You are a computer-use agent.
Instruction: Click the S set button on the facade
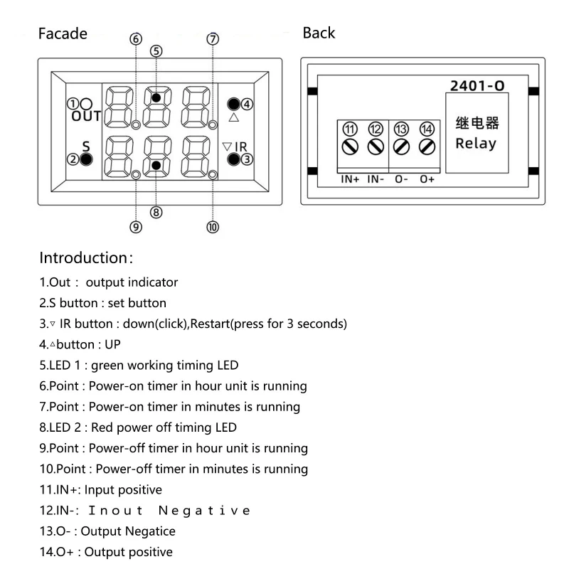tap(86, 159)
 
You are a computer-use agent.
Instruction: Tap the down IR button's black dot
tap(233, 159)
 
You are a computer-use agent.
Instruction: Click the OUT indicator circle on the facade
tap(86, 103)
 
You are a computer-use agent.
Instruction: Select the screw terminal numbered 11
tap(350, 147)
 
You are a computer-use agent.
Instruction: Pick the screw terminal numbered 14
tap(427, 147)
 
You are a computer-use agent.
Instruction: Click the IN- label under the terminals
tap(376, 179)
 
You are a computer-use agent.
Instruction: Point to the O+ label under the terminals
tap(427, 179)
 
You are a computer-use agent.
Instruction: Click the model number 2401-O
tap(477, 86)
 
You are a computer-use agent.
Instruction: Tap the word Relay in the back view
tap(476, 143)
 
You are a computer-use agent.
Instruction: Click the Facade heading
tap(63, 33)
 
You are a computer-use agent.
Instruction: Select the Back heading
tap(319, 33)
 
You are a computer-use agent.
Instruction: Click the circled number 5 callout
tap(156, 50)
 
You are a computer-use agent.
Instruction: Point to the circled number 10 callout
tap(213, 227)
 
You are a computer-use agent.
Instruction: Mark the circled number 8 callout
tap(156, 211)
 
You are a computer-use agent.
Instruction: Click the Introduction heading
tap(86, 257)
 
